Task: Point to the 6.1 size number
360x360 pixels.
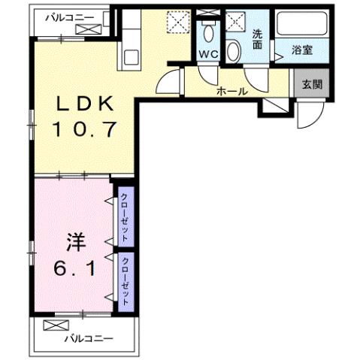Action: [75, 268]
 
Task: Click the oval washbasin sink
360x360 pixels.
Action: [234, 51]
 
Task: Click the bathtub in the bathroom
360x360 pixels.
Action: [301, 25]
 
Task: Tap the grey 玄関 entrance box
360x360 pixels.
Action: [310, 83]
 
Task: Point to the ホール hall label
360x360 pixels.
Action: [231, 92]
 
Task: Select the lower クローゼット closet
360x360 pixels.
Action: [126, 280]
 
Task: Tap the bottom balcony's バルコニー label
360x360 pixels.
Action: [88, 339]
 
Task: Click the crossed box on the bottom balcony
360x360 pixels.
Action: [55, 325]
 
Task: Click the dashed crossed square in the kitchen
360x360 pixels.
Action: [177, 23]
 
